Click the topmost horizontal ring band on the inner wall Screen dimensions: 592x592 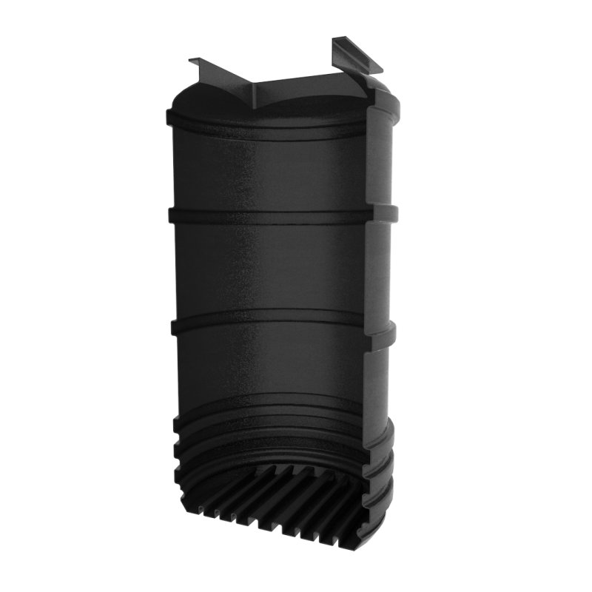click(x=266, y=123)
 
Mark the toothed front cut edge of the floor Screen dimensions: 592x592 click(x=281, y=522)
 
